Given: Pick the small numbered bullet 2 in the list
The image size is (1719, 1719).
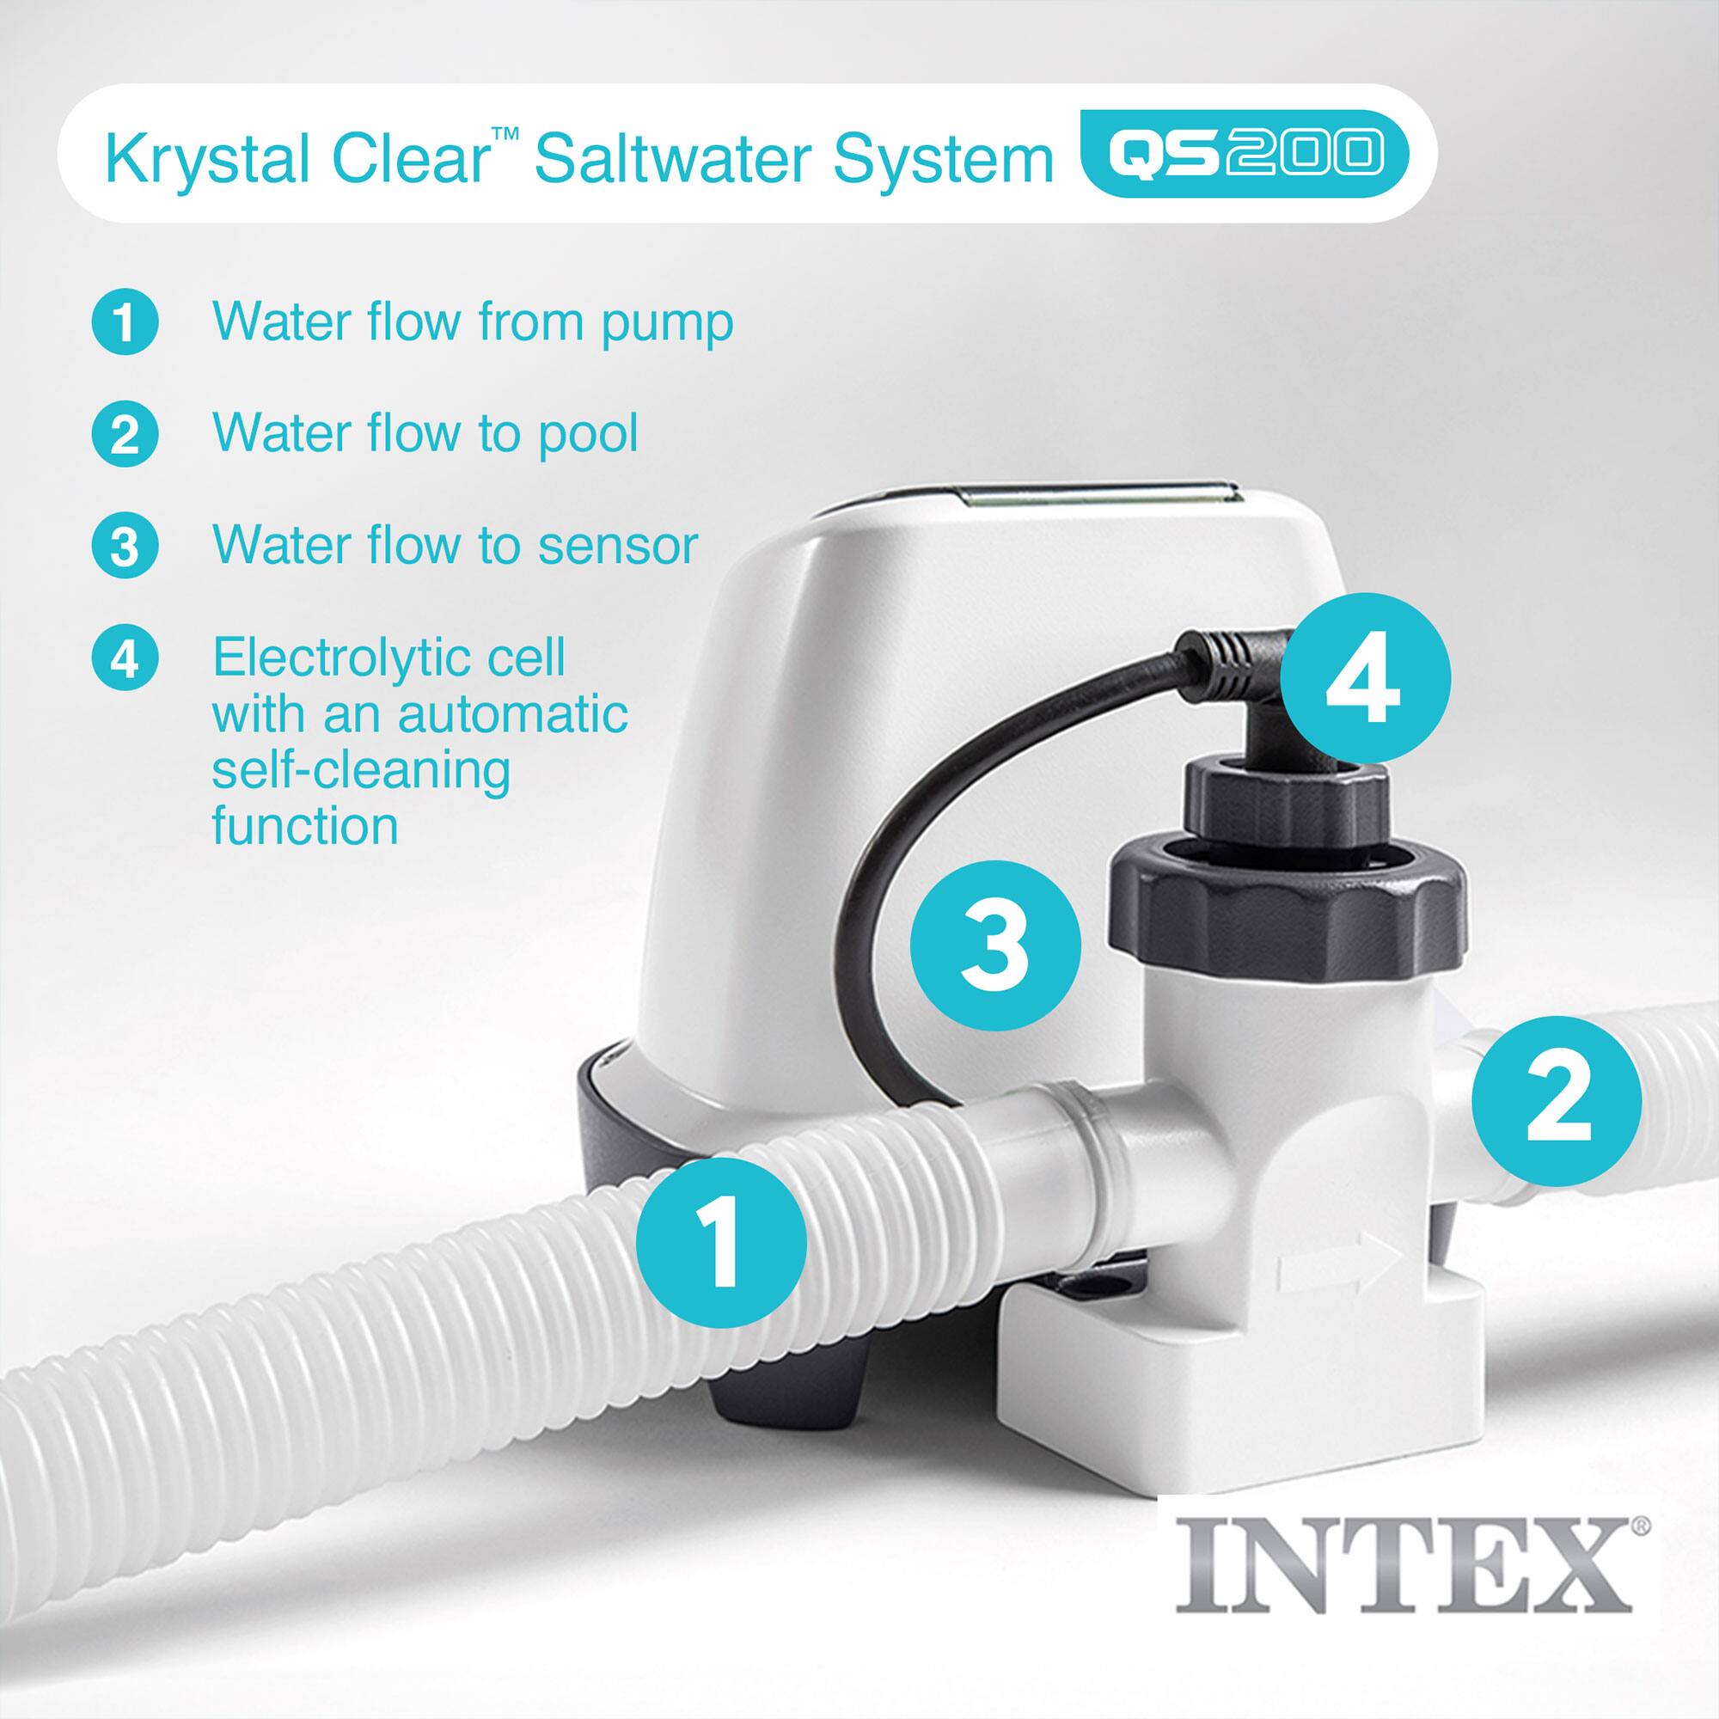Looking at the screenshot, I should pyautogui.click(x=125, y=435).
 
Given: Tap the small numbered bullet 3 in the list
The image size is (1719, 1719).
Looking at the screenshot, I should pyautogui.click(x=125, y=547).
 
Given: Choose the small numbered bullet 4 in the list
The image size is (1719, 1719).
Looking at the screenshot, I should pyautogui.click(x=125, y=659).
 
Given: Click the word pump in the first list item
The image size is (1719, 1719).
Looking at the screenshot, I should pyautogui.click(x=666, y=324).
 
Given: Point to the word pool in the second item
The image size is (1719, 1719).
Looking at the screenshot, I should pyautogui.click(x=587, y=435).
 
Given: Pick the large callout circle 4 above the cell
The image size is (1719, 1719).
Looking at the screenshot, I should pyautogui.click(x=1365, y=679).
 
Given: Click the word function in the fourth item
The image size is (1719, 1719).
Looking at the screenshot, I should pyautogui.click(x=304, y=827).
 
